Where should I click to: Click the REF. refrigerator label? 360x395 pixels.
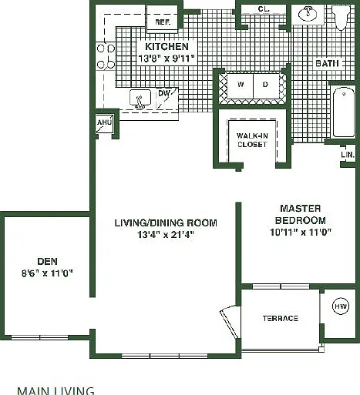click(x=163, y=22)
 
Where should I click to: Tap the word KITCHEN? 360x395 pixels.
click(x=167, y=47)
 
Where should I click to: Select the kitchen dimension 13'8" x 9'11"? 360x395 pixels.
click(x=167, y=59)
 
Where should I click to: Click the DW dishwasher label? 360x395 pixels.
click(x=163, y=93)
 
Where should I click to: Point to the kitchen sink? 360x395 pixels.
click(x=140, y=99)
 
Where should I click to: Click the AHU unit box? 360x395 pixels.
click(x=104, y=124)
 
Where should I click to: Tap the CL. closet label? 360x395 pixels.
click(x=264, y=9)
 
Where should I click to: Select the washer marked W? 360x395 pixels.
click(x=241, y=85)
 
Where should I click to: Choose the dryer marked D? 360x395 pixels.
click(x=266, y=85)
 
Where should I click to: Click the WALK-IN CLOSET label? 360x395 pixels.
click(x=252, y=140)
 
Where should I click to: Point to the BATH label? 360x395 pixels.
click(x=327, y=63)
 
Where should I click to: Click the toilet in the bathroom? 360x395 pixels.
click(x=341, y=17)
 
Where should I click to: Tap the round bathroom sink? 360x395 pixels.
click(x=308, y=14)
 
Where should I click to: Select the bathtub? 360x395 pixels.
click(x=344, y=112)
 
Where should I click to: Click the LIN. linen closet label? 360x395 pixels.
click(x=348, y=155)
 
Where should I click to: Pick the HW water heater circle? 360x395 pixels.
click(x=341, y=306)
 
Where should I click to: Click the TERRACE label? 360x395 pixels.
click(x=281, y=319)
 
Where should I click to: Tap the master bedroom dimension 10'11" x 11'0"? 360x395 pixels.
click(x=301, y=233)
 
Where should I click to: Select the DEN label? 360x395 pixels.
click(x=47, y=261)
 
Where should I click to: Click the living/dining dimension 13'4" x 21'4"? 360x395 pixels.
click(x=166, y=235)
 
